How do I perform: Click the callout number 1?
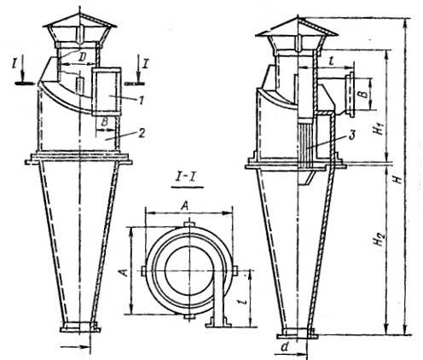142,100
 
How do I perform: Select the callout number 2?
142,133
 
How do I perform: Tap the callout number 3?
352,136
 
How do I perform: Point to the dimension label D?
82,57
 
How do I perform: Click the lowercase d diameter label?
285,346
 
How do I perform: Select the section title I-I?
188,179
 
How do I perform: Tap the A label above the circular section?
185,206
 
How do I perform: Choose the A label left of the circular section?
124,273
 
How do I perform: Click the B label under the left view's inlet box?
104,122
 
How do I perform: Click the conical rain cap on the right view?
298,26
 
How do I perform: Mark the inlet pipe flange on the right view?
351,95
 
